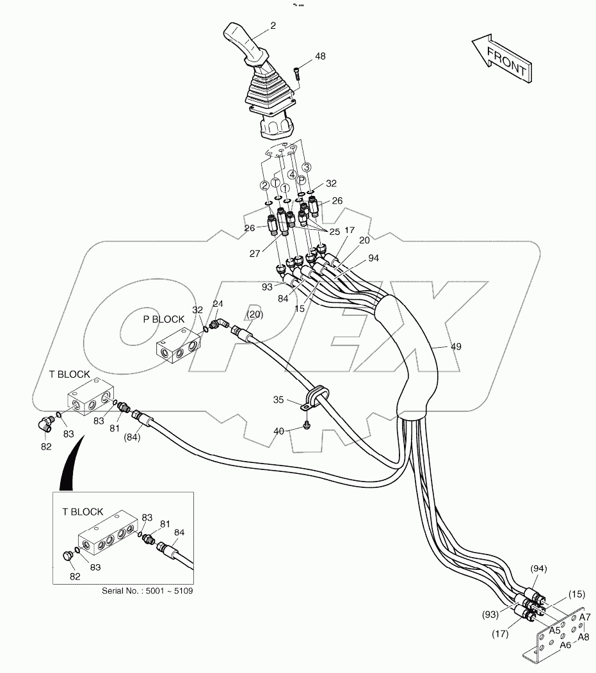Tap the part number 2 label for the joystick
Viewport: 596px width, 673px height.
273,27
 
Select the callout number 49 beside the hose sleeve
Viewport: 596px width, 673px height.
456,346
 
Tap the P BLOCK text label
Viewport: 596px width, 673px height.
163,320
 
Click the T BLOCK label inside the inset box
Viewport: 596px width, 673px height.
83,512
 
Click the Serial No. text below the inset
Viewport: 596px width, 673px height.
147,590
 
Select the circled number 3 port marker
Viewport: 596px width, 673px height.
307,167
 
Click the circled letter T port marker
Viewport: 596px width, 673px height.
275,182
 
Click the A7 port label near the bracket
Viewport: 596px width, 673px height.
585,617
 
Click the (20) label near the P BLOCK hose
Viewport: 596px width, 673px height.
255,314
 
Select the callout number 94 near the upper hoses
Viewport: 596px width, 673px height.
374,259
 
